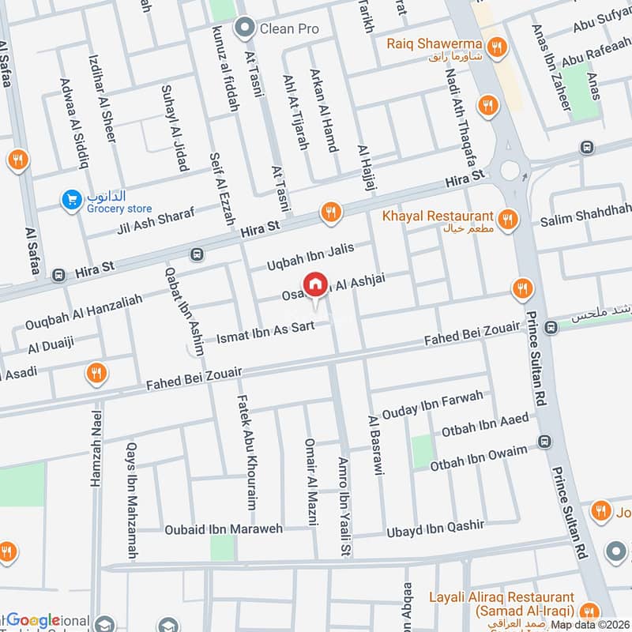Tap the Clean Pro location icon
(x=246, y=29)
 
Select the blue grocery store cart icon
(x=72, y=201)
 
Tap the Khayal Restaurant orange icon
(x=509, y=217)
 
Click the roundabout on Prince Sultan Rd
(x=514, y=168)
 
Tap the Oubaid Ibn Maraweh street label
(x=224, y=529)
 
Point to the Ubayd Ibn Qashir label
(x=434, y=528)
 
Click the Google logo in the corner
(x=33, y=620)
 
